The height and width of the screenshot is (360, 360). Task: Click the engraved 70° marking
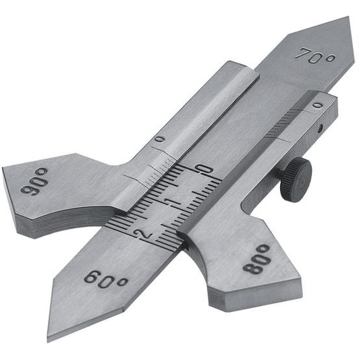tap(315, 56)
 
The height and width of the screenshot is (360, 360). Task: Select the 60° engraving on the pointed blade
tap(106, 279)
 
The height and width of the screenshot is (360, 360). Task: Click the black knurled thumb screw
tap(295, 179)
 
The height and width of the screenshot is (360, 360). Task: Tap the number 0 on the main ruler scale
tap(204, 170)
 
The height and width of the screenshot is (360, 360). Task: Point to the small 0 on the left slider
tap(159, 139)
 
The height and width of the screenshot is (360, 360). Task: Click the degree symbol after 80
tap(263, 248)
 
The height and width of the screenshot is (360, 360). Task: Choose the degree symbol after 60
tap(121, 282)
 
